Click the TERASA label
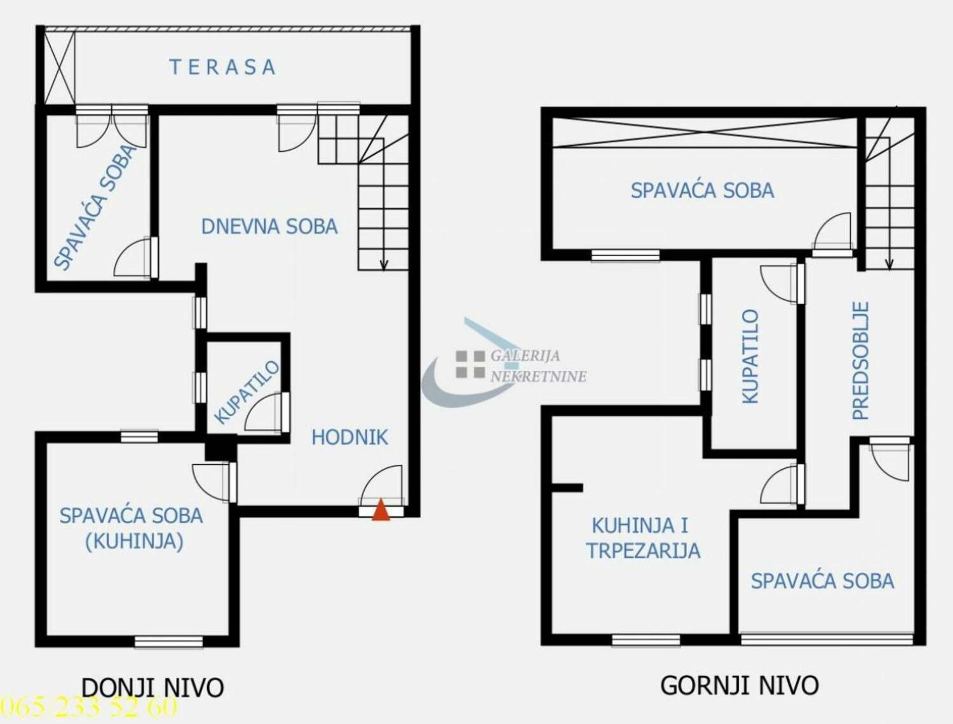[222, 67]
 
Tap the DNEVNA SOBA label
[269, 227]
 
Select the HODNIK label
[349, 438]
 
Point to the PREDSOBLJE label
[860, 361]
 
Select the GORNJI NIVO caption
[740, 686]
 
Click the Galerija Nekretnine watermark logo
[504, 362]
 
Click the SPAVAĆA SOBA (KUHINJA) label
[131, 528]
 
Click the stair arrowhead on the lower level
[383, 264]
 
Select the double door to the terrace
[112, 126]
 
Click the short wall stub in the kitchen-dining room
[567, 488]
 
